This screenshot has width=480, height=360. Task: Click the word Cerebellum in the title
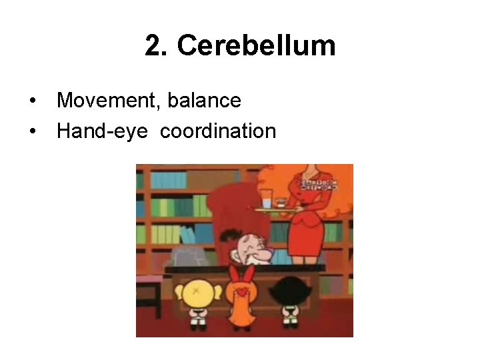tap(257, 46)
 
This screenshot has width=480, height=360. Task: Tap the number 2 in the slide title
tap(154, 46)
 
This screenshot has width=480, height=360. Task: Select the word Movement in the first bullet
tap(108, 101)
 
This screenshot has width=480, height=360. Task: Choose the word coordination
tap(218, 131)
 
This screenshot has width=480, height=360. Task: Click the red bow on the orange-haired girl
tap(243, 275)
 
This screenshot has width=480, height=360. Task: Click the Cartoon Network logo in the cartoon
tap(317, 184)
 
